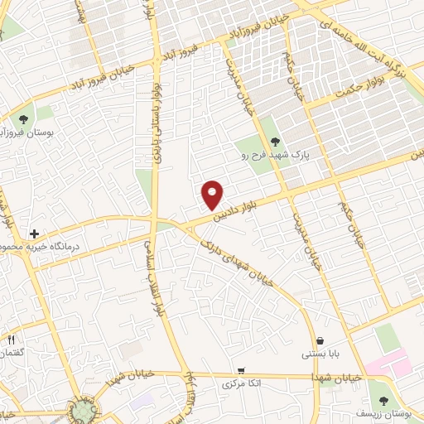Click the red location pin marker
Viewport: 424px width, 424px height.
213,194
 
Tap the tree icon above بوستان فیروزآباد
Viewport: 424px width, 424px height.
31,117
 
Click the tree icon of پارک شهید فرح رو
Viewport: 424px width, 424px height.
276,140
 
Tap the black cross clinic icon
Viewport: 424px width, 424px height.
34,234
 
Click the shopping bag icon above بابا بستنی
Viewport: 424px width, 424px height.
320,340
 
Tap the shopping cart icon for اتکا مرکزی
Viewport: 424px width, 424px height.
241,371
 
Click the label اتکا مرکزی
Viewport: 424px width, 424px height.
241,385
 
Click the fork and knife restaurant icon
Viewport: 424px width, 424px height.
11,340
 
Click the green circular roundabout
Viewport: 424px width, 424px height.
83,409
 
